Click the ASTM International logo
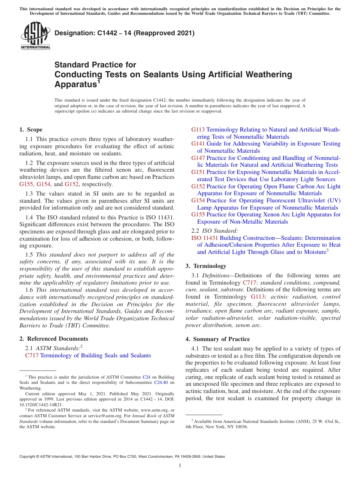[35, 36]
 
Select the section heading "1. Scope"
[31, 130]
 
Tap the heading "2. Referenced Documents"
[53, 339]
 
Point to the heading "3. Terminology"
[206, 266]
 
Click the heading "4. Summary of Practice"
[218, 339]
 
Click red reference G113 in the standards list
[198, 130]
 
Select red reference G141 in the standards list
[198, 144]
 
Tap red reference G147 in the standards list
[198, 158]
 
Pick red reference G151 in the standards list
[198, 172]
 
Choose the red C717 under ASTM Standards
[31, 355]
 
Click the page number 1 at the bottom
[180, 465]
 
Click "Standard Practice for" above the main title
[95, 65]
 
